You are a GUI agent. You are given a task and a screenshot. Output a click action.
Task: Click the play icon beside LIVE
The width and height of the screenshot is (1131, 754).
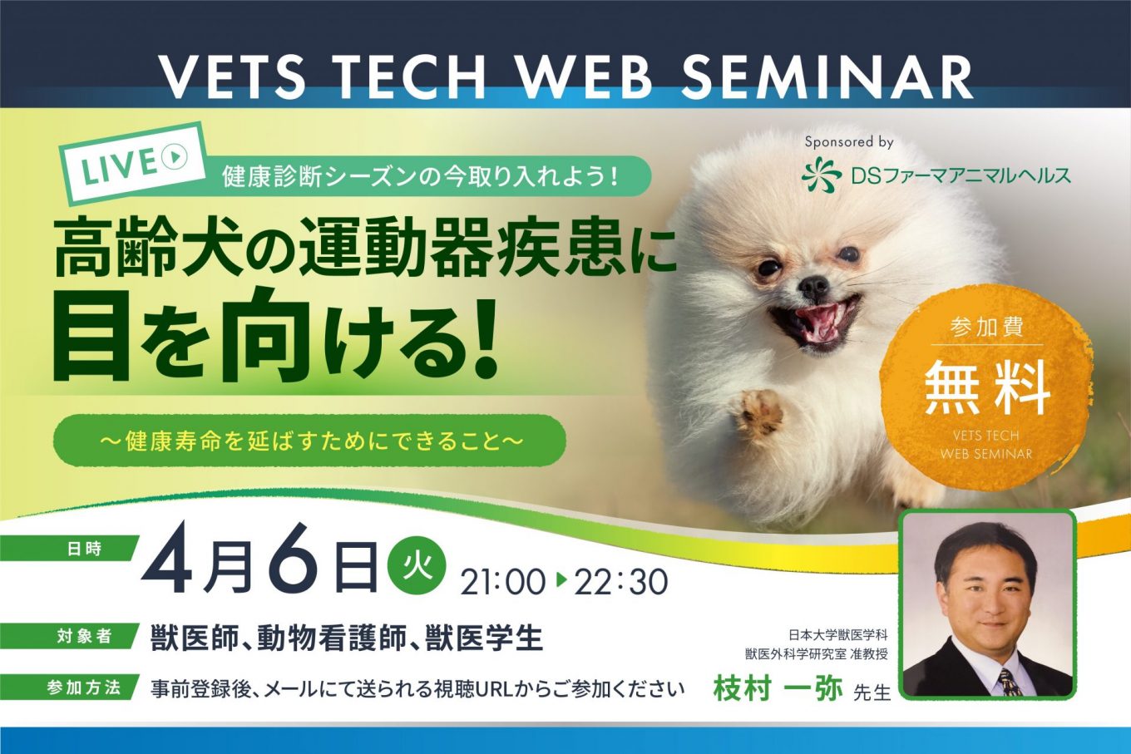(x=174, y=157)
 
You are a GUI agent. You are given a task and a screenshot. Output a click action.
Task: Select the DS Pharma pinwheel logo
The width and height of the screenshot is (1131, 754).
(x=822, y=174)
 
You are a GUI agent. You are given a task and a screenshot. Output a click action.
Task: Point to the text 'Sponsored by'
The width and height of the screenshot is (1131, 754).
(x=849, y=142)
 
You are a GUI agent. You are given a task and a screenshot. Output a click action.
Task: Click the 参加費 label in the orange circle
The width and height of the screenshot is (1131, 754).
(x=987, y=327)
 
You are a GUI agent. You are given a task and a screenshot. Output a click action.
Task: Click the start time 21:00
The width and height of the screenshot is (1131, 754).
(x=502, y=582)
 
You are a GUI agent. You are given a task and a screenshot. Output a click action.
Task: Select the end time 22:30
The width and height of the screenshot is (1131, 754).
(x=620, y=582)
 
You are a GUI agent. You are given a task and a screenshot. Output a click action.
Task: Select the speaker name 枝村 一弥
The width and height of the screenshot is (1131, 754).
(x=778, y=689)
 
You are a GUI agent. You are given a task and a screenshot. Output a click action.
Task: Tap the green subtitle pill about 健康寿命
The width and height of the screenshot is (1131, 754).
(x=309, y=441)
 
